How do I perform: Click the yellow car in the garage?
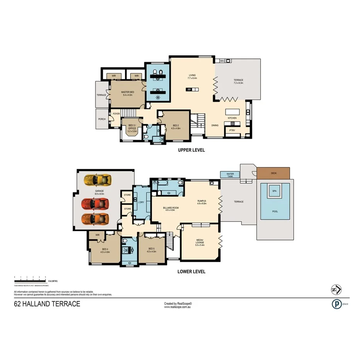(x=97, y=180)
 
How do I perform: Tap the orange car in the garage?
(x=95, y=219)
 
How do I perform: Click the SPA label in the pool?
(x=275, y=191)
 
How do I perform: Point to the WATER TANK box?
(x=230, y=175)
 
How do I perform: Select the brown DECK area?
(x=273, y=173)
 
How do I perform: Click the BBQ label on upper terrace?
(x=222, y=61)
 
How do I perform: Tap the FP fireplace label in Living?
(x=189, y=90)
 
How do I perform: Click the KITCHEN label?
(x=232, y=118)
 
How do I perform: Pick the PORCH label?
(x=102, y=119)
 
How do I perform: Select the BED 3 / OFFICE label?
(x=132, y=127)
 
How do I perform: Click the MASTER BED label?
(x=127, y=93)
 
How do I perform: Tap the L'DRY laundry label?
(x=140, y=202)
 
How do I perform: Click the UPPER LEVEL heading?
(x=191, y=150)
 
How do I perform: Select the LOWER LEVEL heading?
(x=191, y=272)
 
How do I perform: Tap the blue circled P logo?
(x=336, y=304)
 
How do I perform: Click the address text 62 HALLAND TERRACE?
(x=47, y=304)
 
